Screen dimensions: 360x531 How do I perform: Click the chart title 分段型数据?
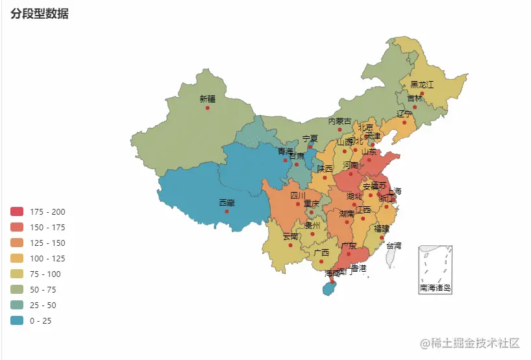pos(40,14)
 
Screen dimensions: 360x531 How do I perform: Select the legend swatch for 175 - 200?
pos(17,211)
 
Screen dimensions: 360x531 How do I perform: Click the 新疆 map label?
pos(207,99)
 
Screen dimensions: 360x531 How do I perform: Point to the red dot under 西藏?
pos(227,211)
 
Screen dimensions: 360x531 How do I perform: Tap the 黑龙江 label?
pos(421,84)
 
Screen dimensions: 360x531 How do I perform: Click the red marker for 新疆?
pos(207,108)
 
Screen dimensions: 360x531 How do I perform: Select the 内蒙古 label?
pos(340,121)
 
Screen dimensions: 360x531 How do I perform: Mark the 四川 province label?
pos(297,195)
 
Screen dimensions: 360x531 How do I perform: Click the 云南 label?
pos(291,237)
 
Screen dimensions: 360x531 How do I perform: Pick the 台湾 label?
pos(393,246)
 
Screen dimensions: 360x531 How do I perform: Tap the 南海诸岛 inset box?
pos(435,269)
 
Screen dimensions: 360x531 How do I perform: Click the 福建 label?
pos(381,229)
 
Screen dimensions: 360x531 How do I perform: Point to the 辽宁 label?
pos(404,114)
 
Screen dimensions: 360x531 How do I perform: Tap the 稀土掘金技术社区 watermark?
pos(470,342)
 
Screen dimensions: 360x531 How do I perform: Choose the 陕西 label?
pos(325,169)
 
